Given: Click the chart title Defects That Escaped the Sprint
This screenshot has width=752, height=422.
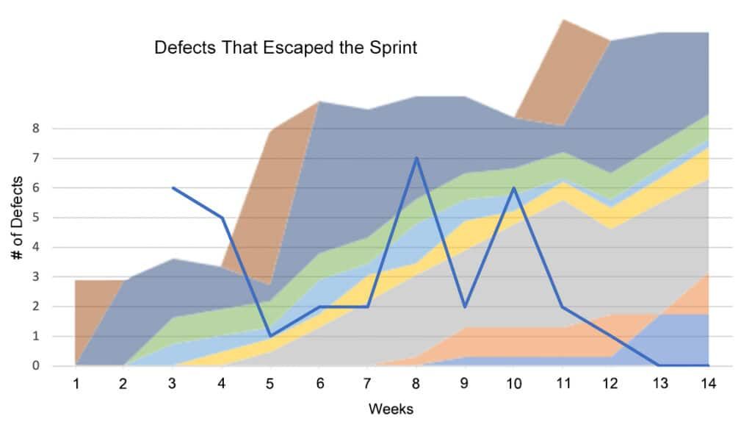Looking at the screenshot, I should pyautogui.click(x=286, y=49).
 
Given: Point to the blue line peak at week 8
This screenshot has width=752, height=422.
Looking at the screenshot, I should pyautogui.click(x=416, y=157).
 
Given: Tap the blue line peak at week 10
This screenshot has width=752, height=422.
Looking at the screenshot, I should pyautogui.click(x=514, y=187).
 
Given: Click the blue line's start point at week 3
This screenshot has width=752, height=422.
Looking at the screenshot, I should pyautogui.click(x=173, y=187).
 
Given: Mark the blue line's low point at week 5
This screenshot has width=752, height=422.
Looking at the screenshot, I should pyautogui.click(x=270, y=336).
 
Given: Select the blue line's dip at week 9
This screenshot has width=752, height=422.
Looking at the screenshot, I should pyautogui.click(x=466, y=307).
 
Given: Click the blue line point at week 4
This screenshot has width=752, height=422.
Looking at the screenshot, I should pyautogui.click(x=222, y=218).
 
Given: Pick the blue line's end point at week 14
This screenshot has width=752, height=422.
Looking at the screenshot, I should pyautogui.click(x=709, y=365).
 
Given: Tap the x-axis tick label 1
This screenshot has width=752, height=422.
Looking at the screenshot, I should pyautogui.click(x=76, y=383).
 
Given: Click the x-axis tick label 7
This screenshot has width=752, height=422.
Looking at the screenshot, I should pyautogui.click(x=368, y=383).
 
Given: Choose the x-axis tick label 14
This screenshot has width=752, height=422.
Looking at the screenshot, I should pyautogui.click(x=709, y=383).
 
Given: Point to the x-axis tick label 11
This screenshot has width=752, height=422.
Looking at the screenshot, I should pyautogui.click(x=563, y=383).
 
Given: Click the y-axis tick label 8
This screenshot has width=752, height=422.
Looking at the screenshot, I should pyautogui.click(x=35, y=129).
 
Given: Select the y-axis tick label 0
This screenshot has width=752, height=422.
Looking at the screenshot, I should pyautogui.click(x=35, y=366).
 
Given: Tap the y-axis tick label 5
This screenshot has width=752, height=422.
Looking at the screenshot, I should pyautogui.click(x=35, y=218).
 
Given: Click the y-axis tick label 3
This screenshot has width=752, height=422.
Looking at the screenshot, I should pyautogui.click(x=35, y=277).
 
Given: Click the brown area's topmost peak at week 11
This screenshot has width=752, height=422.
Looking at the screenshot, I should pyautogui.click(x=563, y=20).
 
